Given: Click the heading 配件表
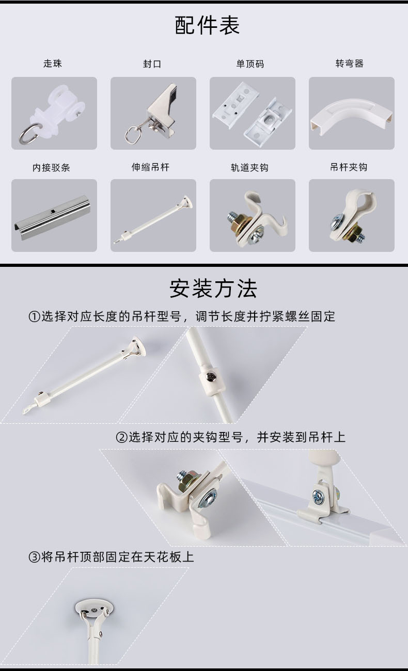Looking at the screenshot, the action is tap(207, 25).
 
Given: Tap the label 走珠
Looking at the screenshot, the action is tap(53, 63).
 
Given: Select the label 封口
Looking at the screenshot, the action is tap(152, 64).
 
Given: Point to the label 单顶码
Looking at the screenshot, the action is tap(250, 64).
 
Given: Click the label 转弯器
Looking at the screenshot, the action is tap(349, 63).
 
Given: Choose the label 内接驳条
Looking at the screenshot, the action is tap(51, 167).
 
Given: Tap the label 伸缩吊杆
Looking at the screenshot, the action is tap(150, 167).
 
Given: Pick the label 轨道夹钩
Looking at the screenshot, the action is tap(249, 167).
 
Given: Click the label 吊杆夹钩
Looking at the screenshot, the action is tap(349, 167).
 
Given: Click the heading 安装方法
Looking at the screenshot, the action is tap(213, 289).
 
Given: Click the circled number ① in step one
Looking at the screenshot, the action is tap(35, 316).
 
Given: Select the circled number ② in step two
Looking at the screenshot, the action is tap(122, 438).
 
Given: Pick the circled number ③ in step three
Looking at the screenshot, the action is tap(35, 557).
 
